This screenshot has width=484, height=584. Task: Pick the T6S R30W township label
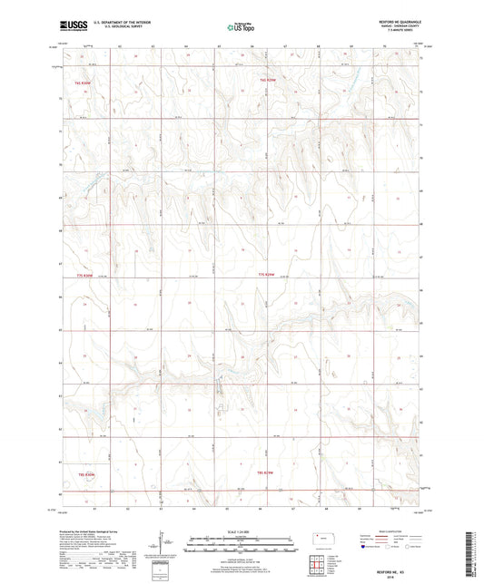point(84,83)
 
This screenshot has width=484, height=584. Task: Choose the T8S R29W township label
point(265,473)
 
